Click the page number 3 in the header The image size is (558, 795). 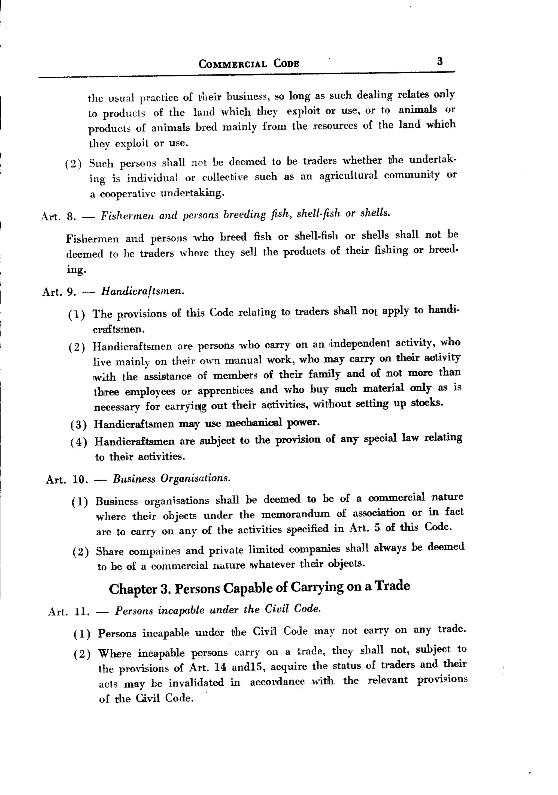coord(440,62)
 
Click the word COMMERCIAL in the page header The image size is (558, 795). coord(232,64)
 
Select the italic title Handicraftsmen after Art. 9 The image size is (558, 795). coord(142,291)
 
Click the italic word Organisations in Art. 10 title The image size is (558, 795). coord(195,479)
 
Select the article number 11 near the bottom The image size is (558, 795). coord(82,612)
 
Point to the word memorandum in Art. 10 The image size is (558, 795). coord(295,514)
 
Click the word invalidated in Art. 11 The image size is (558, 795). coord(196,682)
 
